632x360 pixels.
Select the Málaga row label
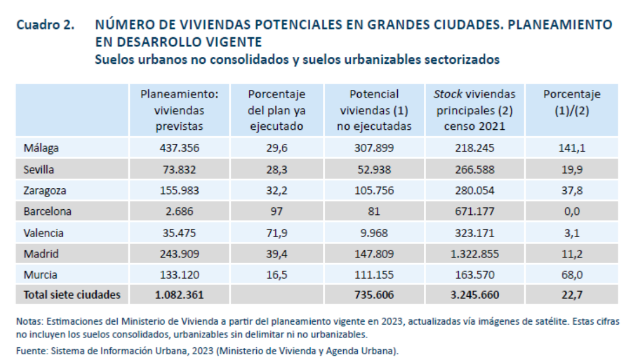click(41, 148)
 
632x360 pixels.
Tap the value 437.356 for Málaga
click(179, 148)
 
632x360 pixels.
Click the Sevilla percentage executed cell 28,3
click(277, 169)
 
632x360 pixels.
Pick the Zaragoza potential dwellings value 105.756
click(374, 190)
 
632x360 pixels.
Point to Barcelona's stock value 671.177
click(474, 212)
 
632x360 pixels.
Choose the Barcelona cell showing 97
click(277, 212)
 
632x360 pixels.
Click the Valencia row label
click(43, 232)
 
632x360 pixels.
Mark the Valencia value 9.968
click(374, 232)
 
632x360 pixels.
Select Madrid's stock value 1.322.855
click(474, 253)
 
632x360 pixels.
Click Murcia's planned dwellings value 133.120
click(179, 274)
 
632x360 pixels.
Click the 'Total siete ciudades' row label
click(72, 295)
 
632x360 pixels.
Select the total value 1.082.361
click(179, 295)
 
